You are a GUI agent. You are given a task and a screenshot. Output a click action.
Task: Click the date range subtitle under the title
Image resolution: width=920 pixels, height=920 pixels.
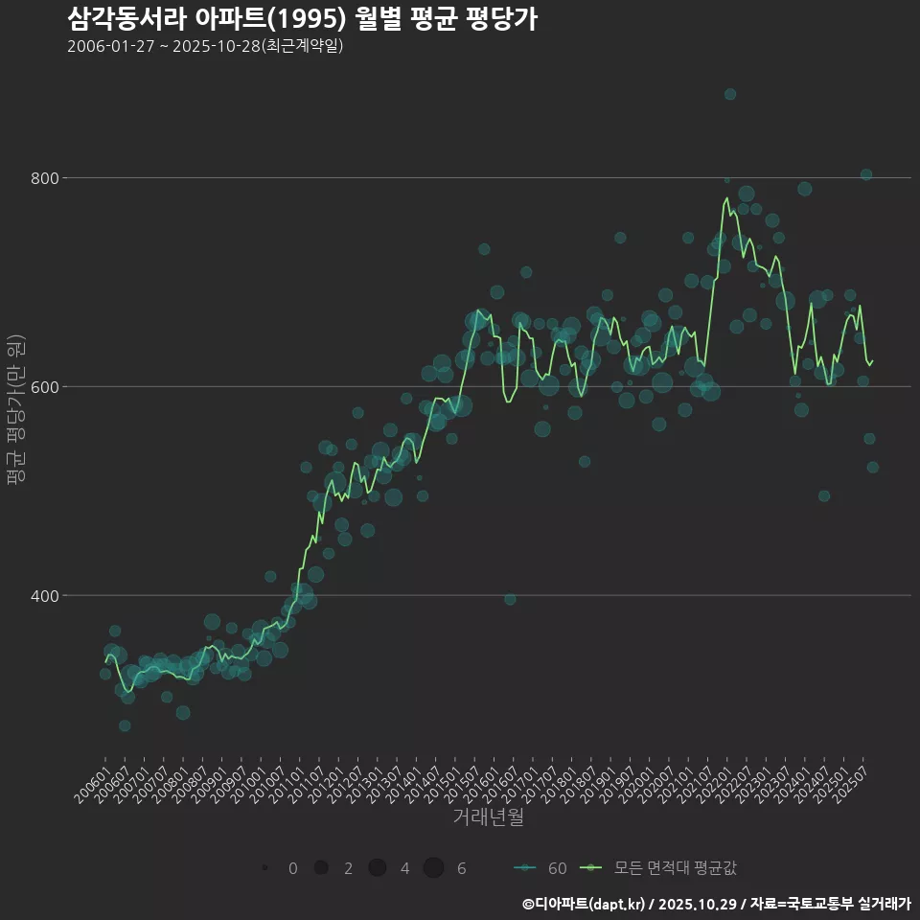pyautogui.click(x=205, y=46)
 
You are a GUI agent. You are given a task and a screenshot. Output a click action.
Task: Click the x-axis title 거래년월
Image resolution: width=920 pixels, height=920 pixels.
pyautogui.click(x=488, y=817)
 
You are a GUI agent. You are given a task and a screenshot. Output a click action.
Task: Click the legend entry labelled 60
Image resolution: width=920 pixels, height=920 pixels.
pyautogui.click(x=540, y=868)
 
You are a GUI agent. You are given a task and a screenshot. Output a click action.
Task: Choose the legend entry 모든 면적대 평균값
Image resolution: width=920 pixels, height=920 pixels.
pyautogui.click(x=661, y=868)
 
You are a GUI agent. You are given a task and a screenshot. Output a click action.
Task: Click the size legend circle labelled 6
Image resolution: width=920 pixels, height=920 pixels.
pyautogui.click(x=434, y=868)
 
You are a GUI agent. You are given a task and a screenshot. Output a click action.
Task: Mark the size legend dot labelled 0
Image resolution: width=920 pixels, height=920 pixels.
pyautogui.click(x=264, y=868)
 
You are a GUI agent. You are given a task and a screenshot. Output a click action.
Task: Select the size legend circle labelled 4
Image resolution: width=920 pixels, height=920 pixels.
pyautogui.click(x=378, y=868)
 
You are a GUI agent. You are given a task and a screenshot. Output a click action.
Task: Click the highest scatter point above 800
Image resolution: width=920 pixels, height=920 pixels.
pyautogui.click(x=730, y=94)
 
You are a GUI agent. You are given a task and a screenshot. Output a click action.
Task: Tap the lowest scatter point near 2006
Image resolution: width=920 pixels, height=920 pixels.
pyautogui.click(x=125, y=725)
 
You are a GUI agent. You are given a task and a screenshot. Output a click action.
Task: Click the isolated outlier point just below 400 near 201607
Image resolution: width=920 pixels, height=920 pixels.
pyautogui.click(x=510, y=599)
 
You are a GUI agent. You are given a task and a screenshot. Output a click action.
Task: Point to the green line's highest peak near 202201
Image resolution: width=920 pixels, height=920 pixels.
pyautogui.click(x=726, y=198)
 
